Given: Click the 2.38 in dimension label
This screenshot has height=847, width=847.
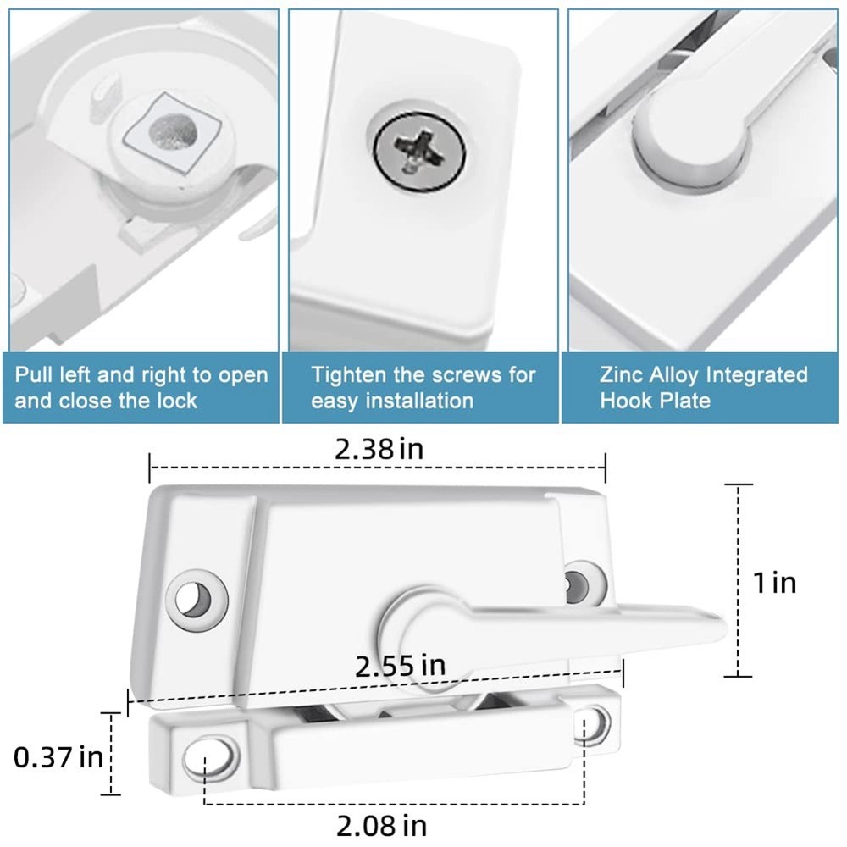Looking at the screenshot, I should click(379, 449).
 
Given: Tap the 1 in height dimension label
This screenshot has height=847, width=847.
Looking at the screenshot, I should click(775, 583).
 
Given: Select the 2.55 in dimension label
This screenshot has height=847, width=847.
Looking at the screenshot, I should click(400, 666).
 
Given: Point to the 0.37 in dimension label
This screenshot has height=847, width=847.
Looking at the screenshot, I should click(58, 756).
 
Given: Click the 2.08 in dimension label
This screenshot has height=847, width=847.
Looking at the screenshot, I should click(381, 824).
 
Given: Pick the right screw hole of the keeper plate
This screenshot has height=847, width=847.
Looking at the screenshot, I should click(595, 722).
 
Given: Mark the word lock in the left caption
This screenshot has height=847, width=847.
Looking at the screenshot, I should click(178, 401).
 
